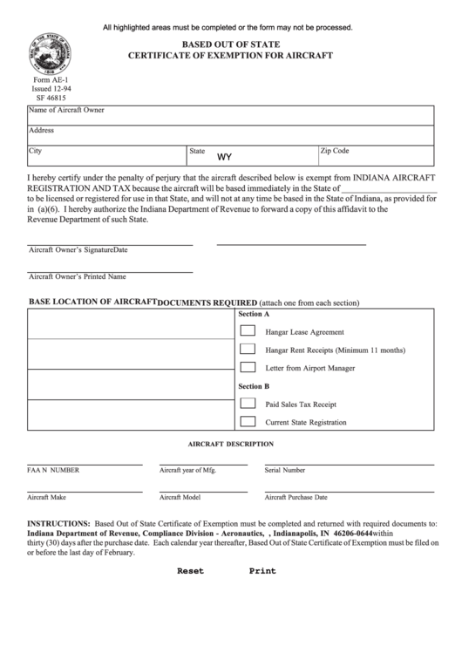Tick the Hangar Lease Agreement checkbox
click(248, 331)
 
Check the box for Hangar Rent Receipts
click(248, 350)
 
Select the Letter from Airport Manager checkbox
click(248, 368)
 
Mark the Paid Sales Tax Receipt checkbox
click(248, 405)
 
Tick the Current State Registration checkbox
click(248, 422)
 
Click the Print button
click(262, 571)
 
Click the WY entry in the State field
click(223, 158)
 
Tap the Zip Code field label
click(335, 151)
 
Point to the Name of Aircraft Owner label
click(66, 111)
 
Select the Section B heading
click(254, 386)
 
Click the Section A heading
click(254, 313)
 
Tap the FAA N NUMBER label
click(53, 470)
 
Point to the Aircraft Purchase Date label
click(296, 498)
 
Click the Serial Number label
click(284, 470)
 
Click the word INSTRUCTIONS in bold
click(58, 525)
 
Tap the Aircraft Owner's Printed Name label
click(78, 277)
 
